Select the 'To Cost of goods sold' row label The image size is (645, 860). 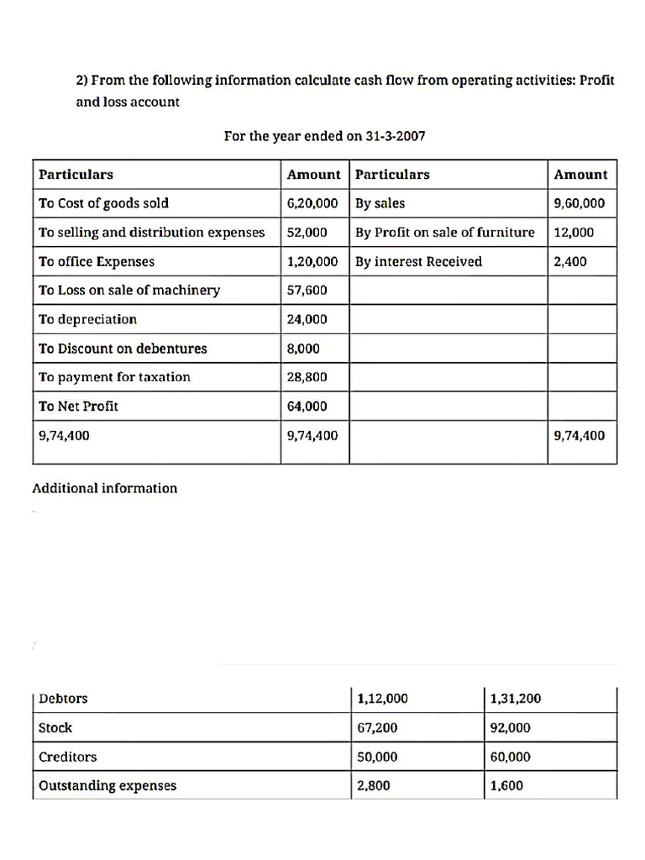103,203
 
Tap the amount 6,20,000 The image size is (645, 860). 312,203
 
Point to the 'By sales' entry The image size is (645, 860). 380,203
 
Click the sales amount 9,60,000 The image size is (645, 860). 579,203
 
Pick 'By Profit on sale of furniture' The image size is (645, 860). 444,233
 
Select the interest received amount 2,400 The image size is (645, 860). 570,261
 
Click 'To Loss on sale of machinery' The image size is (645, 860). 129,291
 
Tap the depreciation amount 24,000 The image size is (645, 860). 307,319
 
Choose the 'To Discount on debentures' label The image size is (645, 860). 123,349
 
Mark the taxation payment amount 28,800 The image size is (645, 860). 307,377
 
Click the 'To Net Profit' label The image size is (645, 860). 78,406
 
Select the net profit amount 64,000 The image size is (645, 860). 307,406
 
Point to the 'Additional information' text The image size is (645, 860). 105,489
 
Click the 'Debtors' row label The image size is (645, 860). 63,699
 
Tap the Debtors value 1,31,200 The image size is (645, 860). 515,699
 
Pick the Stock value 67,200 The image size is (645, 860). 377,728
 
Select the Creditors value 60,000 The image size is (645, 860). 510,758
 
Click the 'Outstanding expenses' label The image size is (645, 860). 107,786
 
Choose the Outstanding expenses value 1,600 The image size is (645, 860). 506,786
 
